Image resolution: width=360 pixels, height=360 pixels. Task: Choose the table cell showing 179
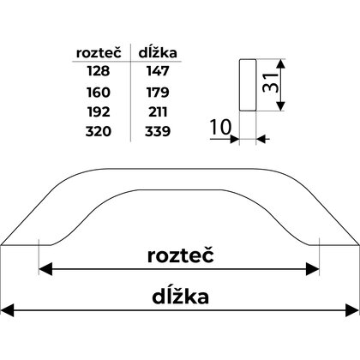pos(156,92)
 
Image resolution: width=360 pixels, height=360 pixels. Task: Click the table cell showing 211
pos(156,111)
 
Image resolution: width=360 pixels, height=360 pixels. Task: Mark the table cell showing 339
pos(156,131)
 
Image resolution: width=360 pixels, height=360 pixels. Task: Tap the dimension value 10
pos(219,129)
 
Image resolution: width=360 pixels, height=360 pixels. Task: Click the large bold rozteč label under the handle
pos(179,256)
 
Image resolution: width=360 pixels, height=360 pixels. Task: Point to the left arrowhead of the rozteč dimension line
pos(44,270)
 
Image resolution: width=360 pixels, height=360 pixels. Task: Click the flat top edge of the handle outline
pos(179,159)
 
